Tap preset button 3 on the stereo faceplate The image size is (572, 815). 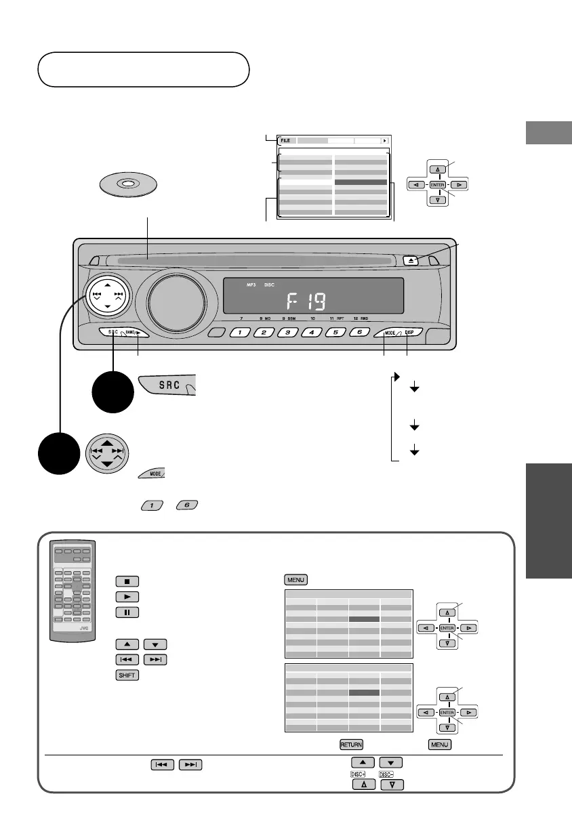click(288, 333)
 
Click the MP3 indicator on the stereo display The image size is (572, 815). click(252, 285)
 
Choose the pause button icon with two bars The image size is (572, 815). click(127, 612)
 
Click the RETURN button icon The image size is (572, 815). click(351, 745)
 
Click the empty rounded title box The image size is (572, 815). click(143, 69)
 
